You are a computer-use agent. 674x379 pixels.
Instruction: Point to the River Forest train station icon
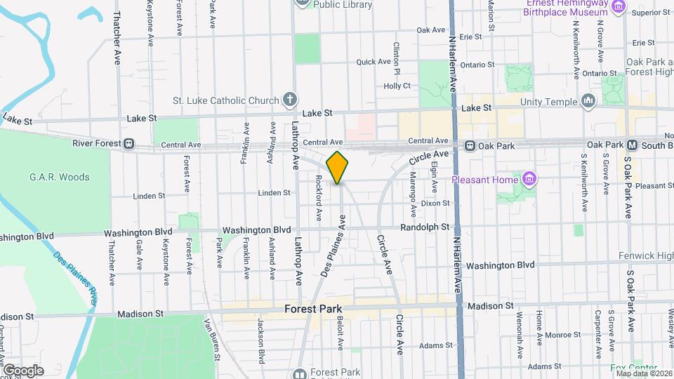[x=129, y=143]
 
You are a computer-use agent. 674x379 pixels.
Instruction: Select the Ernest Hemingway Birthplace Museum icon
[x=619, y=7]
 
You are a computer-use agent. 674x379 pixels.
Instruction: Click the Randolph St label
[x=425, y=227]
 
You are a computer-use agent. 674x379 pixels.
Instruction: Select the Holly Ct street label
[x=397, y=86]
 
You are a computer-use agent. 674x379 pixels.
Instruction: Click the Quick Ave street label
[x=373, y=62]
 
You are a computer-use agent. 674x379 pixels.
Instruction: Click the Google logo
[x=22, y=371]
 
